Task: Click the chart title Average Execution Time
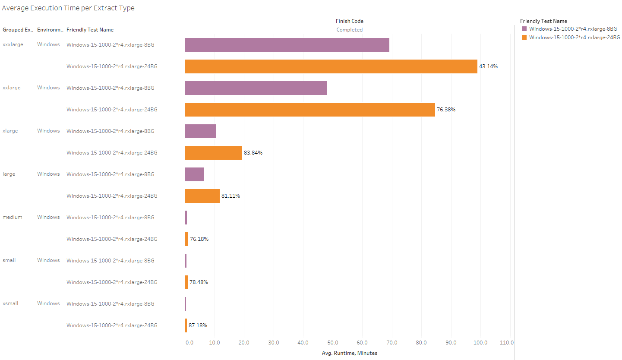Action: (x=68, y=8)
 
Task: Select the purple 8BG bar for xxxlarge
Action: (x=287, y=45)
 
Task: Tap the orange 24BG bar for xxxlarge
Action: (x=331, y=66)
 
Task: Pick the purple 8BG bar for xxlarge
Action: (x=256, y=88)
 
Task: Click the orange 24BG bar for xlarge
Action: (x=213, y=153)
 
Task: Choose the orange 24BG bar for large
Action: (x=202, y=196)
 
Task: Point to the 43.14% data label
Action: (x=488, y=66)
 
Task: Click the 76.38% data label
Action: (x=446, y=110)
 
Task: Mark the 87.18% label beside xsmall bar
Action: (x=198, y=325)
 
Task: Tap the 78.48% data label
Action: (x=199, y=282)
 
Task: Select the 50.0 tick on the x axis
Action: (x=333, y=343)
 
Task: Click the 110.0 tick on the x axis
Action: (x=506, y=343)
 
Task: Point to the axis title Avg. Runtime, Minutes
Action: (x=349, y=353)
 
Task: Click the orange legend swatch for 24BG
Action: (x=524, y=38)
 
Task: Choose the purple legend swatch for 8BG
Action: (x=524, y=29)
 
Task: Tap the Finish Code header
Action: (x=349, y=21)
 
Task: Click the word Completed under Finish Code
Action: (x=349, y=30)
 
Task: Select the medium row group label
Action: (x=13, y=217)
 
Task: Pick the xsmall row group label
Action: (x=10, y=303)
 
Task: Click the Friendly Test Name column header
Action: (x=90, y=30)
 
